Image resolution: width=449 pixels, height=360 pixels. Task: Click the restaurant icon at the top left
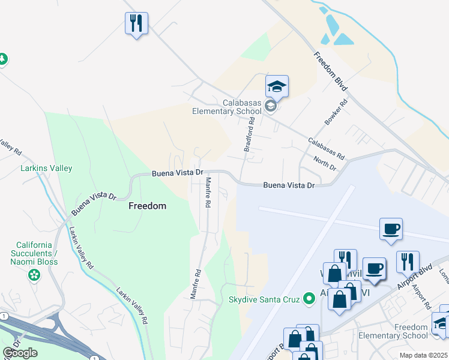[x=136, y=23]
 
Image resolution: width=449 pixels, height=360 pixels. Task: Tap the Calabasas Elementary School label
[x=229, y=106]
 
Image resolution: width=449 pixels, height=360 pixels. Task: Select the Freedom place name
[x=147, y=206]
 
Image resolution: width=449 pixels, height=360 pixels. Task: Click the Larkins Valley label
[x=47, y=169]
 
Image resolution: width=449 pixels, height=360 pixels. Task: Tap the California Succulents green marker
[x=34, y=275]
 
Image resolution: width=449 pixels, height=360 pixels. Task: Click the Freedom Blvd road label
[x=331, y=71]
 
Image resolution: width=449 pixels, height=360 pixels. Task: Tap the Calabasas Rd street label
[x=327, y=149]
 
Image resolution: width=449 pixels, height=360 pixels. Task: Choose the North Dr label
[x=325, y=162]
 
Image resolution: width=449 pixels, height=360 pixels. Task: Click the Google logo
[x=20, y=353]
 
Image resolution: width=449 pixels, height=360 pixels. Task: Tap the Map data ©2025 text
[x=423, y=355]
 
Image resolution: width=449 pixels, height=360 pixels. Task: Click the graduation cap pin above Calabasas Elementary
[x=277, y=86]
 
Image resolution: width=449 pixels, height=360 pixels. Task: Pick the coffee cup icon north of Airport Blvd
[x=390, y=229]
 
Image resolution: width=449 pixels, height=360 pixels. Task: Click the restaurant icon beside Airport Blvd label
[x=408, y=262]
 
